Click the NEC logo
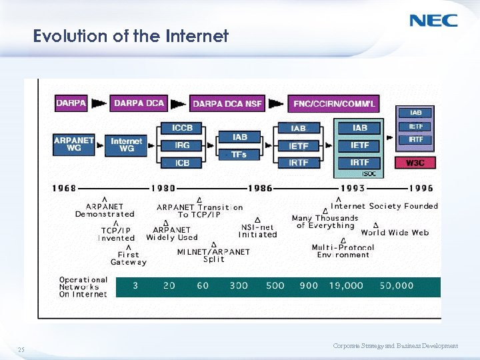click(433, 20)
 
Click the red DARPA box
click(71, 103)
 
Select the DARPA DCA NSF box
click(227, 104)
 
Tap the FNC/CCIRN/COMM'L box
click(334, 104)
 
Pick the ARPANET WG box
click(74, 144)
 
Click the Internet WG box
click(127, 145)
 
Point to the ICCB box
click(182, 128)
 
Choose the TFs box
click(239, 155)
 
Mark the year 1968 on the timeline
click(64, 189)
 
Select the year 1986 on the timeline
click(260, 189)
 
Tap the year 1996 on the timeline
click(421, 189)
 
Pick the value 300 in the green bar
click(239, 285)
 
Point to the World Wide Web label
click(395, 233)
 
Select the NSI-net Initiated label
click(257, 231)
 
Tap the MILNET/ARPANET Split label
click(213, 255)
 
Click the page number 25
click(21, 349)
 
